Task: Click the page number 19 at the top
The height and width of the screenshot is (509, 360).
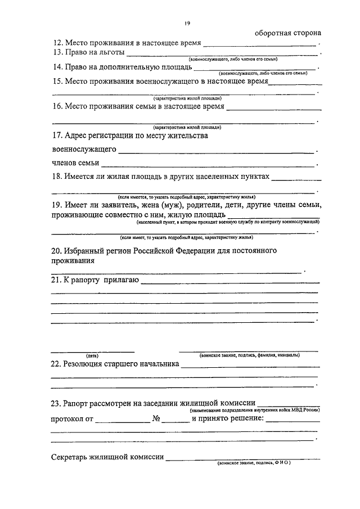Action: click(187, 22)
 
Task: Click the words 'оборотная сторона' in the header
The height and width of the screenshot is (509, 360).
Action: click(287, 32)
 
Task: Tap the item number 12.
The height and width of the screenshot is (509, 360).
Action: click(57, 43)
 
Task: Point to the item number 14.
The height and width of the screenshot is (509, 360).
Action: click(57, 68)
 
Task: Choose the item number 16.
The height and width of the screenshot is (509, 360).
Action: click(57, 106)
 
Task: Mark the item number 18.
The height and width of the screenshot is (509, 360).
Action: click(57, 177)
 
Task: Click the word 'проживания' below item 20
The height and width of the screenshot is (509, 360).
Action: click(72, 261)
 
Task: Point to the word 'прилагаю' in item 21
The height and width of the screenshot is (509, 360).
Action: click(120, 280)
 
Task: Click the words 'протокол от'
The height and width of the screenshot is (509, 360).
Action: click(72, 420)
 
